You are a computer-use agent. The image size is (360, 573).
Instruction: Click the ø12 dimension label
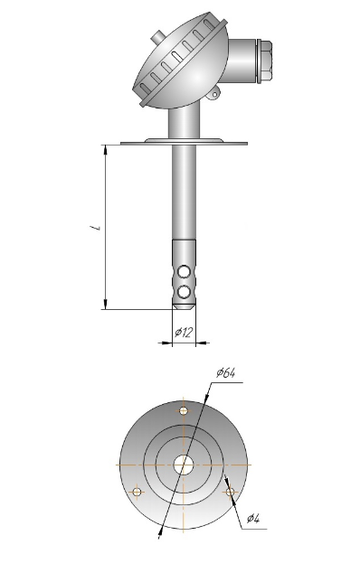click(184, 333)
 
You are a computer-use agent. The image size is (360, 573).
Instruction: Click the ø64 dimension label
click(226, 373)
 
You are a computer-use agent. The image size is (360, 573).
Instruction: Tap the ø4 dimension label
click(253, 518)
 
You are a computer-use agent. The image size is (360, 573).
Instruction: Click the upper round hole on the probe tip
click(184, 271)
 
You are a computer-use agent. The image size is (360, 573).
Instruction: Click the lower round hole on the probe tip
click(184, 291)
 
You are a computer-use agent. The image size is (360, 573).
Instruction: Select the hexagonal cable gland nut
click(264, 61)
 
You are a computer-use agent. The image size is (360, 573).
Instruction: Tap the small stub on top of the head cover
click(156, 37)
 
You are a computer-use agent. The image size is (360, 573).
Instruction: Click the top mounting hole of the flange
click(184, 410)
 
